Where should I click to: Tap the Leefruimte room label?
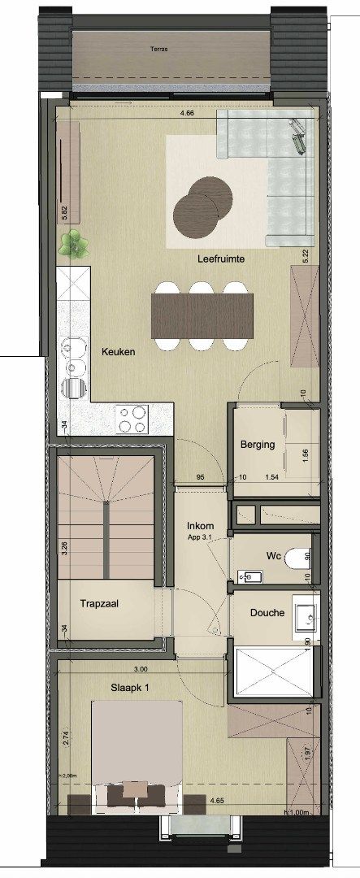click(x=221, y=259)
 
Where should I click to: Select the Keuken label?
click(x=118, y=353)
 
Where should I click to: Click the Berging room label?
click(x=257, y=445)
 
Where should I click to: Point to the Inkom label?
click(x=200, y=525)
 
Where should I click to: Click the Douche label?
click(x=267, y=612)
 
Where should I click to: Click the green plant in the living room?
click(x=74, y=244)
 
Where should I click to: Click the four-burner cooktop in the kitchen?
click(x=132, y=419)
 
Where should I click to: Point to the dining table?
click(x=201, y=315)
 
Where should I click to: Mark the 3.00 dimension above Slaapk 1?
click(x=141, y=669)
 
